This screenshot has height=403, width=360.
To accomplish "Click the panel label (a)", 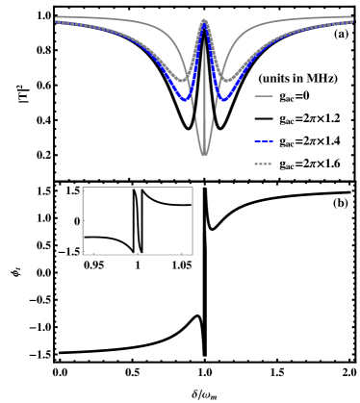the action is point(341,34).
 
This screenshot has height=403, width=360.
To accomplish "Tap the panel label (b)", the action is point(341,203).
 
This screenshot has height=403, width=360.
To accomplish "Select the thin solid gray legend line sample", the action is point(264,96).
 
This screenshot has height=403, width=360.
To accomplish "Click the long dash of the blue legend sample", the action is point(261,141).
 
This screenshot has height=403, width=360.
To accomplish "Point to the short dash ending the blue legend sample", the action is point(270,141).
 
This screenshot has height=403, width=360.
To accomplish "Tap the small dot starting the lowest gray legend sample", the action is point(256,164).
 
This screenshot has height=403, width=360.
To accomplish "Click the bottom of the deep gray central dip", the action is point(204,154).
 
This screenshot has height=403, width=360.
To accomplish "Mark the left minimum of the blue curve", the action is point(184,98).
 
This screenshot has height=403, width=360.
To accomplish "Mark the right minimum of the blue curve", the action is point(224,98).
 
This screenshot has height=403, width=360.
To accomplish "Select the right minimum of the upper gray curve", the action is point(224,79).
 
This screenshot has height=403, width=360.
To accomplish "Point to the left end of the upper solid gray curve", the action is point(57,17).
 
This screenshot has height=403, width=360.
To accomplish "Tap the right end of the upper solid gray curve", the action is point(352,17).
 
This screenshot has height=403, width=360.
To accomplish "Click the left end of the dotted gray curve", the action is point(57,22).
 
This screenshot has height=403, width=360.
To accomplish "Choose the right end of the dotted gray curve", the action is point(352,22).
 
